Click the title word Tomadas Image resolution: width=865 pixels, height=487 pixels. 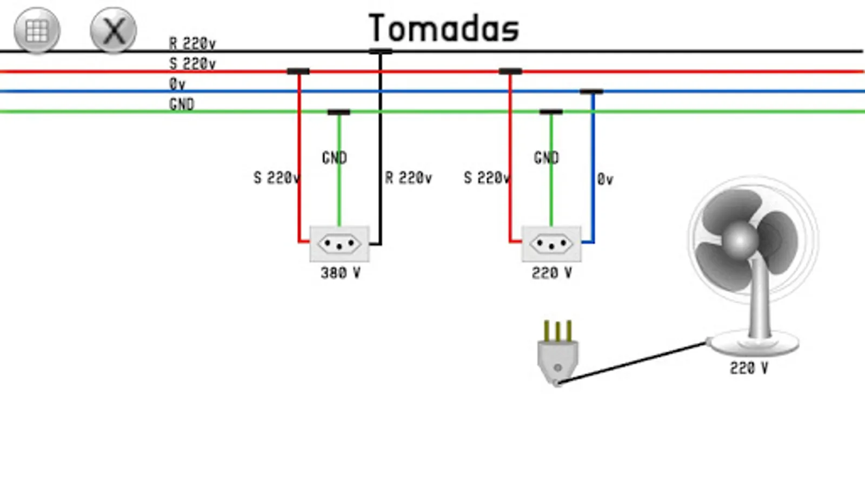pos(443,29)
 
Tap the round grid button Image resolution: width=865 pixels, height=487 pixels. pos(37,30)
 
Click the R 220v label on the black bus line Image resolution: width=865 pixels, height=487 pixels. pos(192,43)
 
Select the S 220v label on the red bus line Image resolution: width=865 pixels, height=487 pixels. pos(192,63)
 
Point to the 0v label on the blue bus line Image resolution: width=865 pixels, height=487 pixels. pos(177,84)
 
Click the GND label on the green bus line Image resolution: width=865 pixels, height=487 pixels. pos(181,104)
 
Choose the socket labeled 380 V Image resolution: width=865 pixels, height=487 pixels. pos(339,243)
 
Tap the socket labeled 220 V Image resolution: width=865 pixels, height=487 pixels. pos(551,243)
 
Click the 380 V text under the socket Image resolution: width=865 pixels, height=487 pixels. pos(340,273)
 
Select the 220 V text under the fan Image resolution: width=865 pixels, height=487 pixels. pos(749,368)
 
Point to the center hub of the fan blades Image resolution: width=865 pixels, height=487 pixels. pos(740,240)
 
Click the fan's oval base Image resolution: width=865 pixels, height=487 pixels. pos(755,343)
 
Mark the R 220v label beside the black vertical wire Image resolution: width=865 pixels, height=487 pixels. pos(408,178)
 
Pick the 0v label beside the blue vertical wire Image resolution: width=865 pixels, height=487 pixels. pos(605,179)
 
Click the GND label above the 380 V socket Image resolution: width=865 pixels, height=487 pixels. pos(334,157)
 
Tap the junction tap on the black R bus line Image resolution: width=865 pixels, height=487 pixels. pos(381,51)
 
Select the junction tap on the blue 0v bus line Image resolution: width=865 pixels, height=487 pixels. pos(591,91)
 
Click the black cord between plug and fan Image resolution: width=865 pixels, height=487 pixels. pos(633,362)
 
